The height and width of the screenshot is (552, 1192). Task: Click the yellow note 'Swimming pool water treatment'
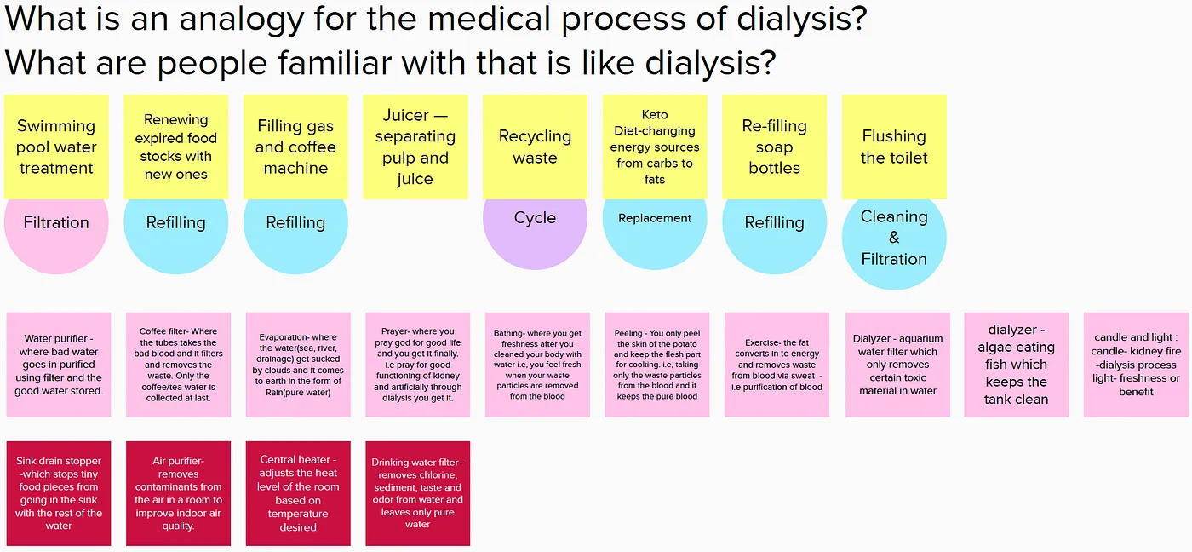tap(56, 147)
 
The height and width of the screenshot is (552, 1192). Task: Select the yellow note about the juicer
tap(415, 147)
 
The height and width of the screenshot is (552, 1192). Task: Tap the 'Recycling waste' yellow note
tap(535, 147)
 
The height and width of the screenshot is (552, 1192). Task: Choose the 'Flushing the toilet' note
tap(894, 147)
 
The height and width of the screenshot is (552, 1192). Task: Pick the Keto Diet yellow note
tap(655, 147)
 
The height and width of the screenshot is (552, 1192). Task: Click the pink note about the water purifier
tap(59, 365)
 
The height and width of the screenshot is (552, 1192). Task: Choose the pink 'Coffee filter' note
tap(178, 365)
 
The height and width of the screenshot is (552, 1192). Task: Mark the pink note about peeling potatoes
tap(656, 365)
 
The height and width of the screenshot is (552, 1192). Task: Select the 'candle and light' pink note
tap(1136, 365)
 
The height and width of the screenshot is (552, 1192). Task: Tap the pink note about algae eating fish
tap(1016, 365)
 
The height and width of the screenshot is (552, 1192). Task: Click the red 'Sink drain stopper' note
tap(59, 493)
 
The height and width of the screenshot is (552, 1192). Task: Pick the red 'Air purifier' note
tap(178, 493)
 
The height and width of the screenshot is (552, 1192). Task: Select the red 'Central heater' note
tap(298, 493)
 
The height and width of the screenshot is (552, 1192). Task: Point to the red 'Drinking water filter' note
tap(417, 493)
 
